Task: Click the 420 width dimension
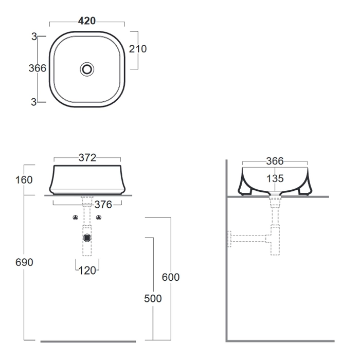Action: click(87, 21)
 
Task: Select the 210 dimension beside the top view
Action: click(138, 49)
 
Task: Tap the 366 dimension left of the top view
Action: click(38, 68)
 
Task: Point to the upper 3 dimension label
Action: click(34, 37)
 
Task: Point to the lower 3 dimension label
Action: click(34, 102)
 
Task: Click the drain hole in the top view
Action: click(87, 69)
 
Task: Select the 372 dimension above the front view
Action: click(87, 158)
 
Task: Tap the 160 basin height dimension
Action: click(24, 180)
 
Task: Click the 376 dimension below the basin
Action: click(103, 205)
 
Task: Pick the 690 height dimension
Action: click(24, 262)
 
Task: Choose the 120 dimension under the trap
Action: click(87, 271)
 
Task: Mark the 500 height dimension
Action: click(153, 298)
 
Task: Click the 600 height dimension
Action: click(171, 277)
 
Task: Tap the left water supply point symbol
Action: click(75, 218)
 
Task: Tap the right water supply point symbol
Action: click(99, 218)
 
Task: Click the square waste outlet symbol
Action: click(87, 238)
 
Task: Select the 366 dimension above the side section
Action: click(275, 161)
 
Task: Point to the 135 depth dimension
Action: click(275, 178)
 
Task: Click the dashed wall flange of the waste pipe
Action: click(229, 239)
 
